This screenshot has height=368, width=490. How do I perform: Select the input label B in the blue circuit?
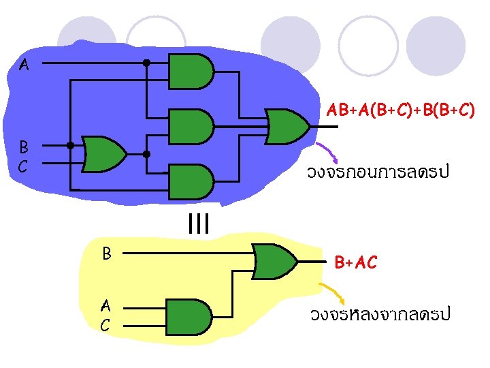coord(23,147)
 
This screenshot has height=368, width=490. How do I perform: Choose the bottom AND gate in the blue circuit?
coord(191,181)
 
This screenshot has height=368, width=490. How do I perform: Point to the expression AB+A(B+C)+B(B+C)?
coord(400,109)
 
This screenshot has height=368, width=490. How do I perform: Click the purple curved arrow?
coord(326,151)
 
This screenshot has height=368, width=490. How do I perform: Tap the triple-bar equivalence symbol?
coord(197,223)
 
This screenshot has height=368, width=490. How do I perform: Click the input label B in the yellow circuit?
coord(107,253)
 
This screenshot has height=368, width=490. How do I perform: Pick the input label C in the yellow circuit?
coord(105,325)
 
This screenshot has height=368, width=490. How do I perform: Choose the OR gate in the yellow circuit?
coord(275,260)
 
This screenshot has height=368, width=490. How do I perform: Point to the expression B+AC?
coord(355,262)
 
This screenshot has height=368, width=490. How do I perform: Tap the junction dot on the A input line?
coord(146,63)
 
